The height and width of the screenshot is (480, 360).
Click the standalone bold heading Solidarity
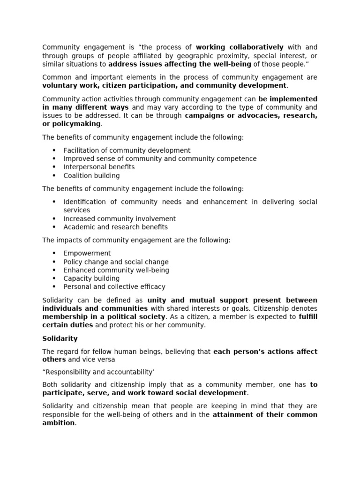(60, 338)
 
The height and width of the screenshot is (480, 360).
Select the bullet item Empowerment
(87, 253)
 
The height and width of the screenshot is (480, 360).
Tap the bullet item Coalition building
(91, 175)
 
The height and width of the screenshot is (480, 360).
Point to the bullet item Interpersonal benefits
(99, 167)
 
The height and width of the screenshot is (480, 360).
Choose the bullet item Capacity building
(91, 278)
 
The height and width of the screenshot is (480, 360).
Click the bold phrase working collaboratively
(240, 47)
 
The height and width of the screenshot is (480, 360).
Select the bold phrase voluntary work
(65, 85)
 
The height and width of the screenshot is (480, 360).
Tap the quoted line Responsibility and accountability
(98, 372)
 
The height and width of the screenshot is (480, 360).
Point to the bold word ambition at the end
(59, 423)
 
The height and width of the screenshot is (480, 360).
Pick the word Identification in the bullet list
(85, 202)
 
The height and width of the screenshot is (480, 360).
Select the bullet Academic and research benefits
(115, 227)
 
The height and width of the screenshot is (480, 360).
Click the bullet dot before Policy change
(54, 262)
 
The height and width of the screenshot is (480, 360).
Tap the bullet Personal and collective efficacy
(114, 286)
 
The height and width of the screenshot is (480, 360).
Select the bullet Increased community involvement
(120, 218)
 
